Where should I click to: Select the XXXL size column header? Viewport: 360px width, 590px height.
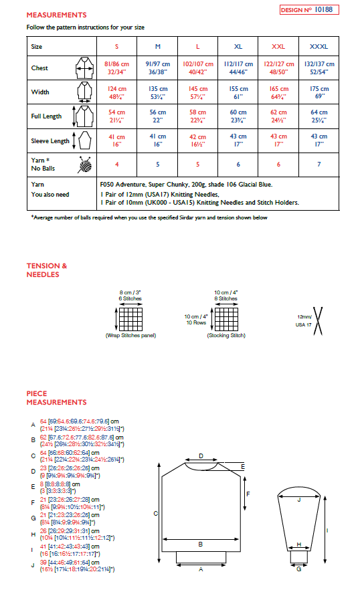pyautogui.click(x=319, y=47)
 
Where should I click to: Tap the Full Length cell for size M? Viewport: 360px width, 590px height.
pyautogui.click(x=158, y=116)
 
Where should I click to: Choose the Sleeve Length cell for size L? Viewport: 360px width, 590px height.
pyautogui.click(x=198, y=140)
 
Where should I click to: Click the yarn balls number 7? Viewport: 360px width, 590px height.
pyautogui.click(x=319, y=163)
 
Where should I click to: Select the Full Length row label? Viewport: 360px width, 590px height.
pyautogui.click(x=46, y=116)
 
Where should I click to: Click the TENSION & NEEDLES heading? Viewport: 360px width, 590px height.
pyautogui.click(x=47, y=270)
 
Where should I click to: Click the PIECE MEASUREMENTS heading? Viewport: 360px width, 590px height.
pyautogui.click(x=56, y=398)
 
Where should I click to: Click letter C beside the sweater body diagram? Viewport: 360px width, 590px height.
pyautogui.click(x=155, y=514)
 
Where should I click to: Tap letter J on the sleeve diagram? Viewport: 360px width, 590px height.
pyautogui.click(x=299, y=499)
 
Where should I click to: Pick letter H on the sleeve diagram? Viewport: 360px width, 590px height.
pyautogui.click(x=299, y=544)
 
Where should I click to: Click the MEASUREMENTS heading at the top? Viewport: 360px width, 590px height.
pyautogui.click(x=56, y=14)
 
